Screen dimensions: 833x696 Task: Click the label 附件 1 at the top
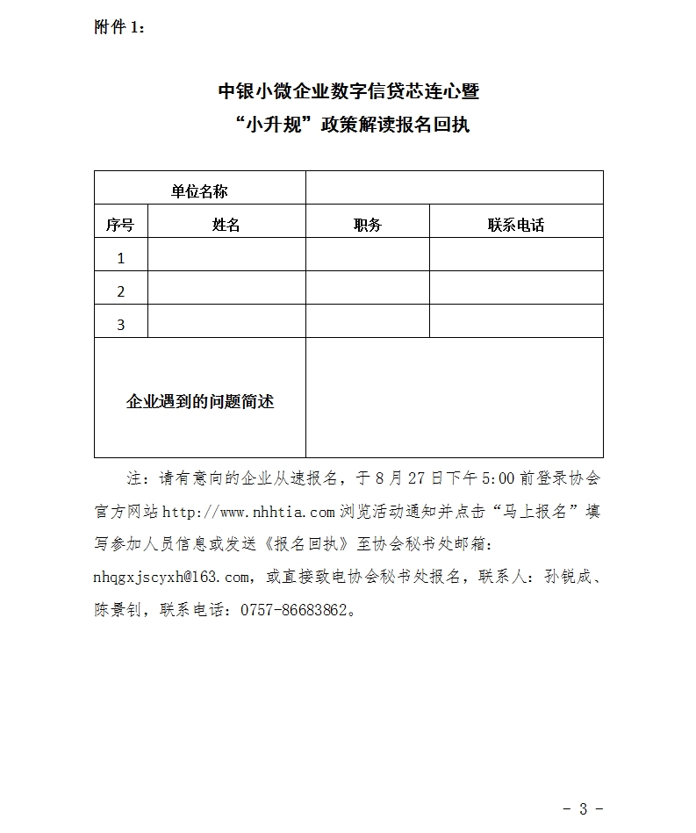pyautogui.click(x=119, y=27)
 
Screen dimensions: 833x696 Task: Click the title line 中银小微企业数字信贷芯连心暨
pyautogui.click(x=348, y=91)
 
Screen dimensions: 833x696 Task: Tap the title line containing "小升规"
pyautogui.click(x=348, y=125)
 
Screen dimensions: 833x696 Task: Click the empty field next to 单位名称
pyautogui.click(x=454, y=189)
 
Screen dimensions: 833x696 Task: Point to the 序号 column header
pyautogui.click(x=120, y=225)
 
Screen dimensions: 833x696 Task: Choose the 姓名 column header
pyautogui.click(x=226, y=225)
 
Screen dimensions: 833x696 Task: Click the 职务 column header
pyautogui.click(x=368, y=225)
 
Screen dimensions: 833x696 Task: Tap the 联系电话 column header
pyautogui.click(x=516, y=225)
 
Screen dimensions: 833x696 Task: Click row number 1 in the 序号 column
pyautogui.click(x=121, y=258)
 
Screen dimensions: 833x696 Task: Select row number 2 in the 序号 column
pyautogui.click(x=121, y=291)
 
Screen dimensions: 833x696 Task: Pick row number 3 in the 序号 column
pyautogui.click(x=121, y=325)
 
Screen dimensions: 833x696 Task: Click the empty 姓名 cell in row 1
pyautogui.click(x=226, y=255)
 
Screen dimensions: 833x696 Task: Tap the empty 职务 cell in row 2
pyautogui.click(x=368, y=288)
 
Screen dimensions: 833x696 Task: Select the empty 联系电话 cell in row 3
pyautogui.click(x=516, y=321)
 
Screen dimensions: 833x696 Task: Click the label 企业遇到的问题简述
pyautogui.click(x=200, y=401)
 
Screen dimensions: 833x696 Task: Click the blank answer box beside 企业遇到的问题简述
pyautogui.click(x=454, y=398)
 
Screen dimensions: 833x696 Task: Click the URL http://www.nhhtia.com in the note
pyautogui.click(x=249, y=512)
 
